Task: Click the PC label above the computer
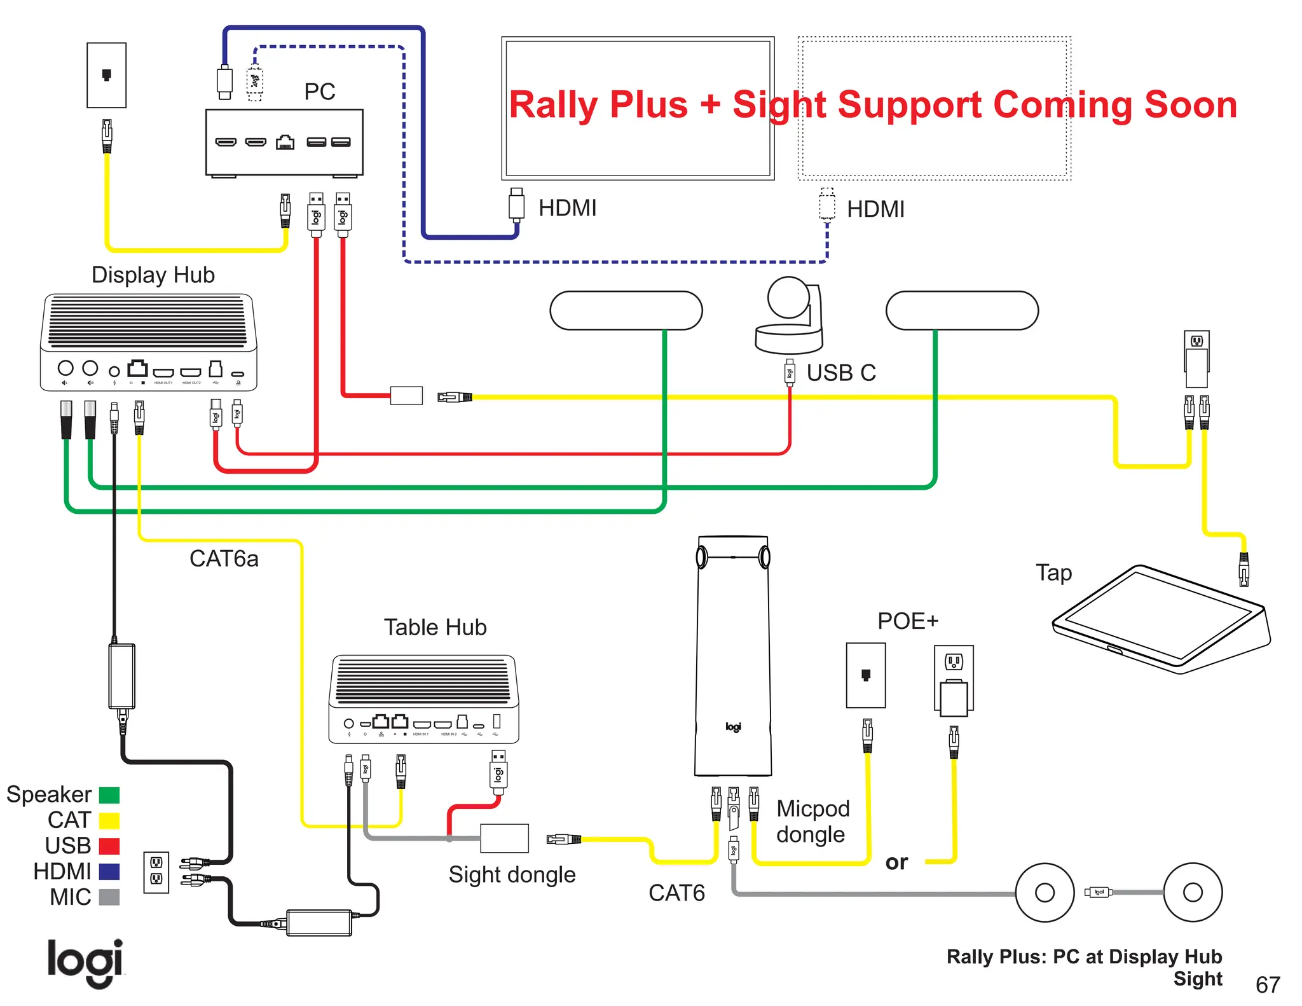tap(319, 92)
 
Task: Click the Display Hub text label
tap(153, 275)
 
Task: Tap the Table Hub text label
tap(435, 627)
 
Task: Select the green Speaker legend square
tap(109, 795)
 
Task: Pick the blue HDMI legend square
tap(109, 871)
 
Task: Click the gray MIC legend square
tap(109, 897)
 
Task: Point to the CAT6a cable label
tap(224, 558)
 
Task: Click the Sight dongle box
tap(504, 838)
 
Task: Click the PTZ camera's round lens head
tap(788, 297)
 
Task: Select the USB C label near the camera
tap(840, 373)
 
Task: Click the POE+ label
tap(907, 621)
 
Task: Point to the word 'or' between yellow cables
tap(896, 862)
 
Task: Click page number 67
tap(1267, 984)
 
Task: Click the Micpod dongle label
tap(812, 821)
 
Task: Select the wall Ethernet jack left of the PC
tap(107, 75)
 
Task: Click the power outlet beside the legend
tap(156, 871)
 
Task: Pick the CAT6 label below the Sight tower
tap(676, 893)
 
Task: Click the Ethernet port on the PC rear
tap(285, 142)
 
